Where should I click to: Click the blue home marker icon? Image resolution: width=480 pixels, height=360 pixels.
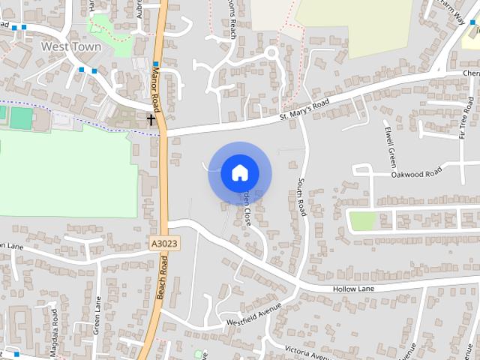[239, 173]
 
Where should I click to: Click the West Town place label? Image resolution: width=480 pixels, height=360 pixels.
[61, 46]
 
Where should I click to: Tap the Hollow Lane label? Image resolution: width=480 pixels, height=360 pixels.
[352, 289]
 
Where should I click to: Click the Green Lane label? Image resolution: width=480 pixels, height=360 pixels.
[97, 315]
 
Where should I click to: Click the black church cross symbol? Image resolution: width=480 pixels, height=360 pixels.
[151, 119]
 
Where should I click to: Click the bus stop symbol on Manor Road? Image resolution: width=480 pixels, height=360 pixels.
[156, 64]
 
